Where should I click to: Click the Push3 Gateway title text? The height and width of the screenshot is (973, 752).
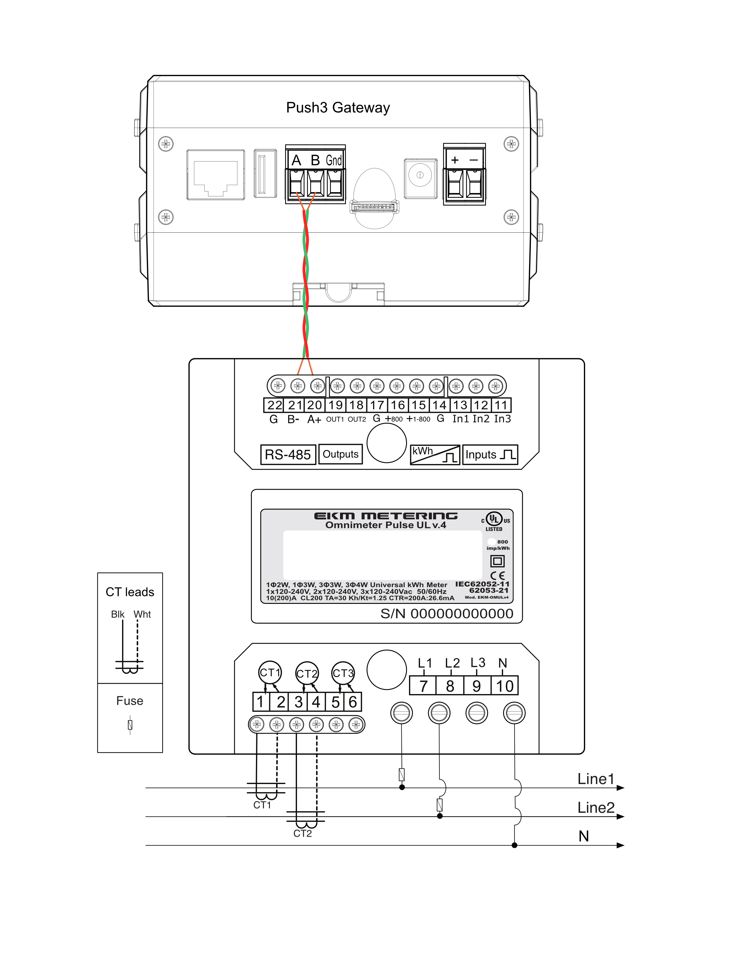[x=338, y=108]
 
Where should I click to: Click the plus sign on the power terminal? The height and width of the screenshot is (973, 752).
[x=455, y=160]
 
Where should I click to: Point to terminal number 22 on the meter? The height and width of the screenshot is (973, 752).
[x=275, y=405]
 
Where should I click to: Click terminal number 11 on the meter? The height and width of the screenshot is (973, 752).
[x=501, y=405]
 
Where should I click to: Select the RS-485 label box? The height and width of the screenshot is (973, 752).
[x=288, y=454]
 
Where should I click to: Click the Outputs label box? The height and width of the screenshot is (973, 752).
[x=340, y=454]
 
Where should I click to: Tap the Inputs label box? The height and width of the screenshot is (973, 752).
[x=490, y=454]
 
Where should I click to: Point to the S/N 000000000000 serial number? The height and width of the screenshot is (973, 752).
[x=446, y=614]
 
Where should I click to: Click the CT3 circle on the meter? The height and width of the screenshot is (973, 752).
[x=343, y=673]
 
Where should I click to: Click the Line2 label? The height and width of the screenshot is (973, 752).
[x=596, y=807]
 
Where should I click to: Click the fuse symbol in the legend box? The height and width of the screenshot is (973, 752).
[x=130, y=724]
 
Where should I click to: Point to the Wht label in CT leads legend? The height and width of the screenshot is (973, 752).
[x=142, y=614]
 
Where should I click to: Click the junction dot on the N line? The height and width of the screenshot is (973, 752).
[x=515, y=845]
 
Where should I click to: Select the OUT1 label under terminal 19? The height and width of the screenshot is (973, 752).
[x=335, y=419]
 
